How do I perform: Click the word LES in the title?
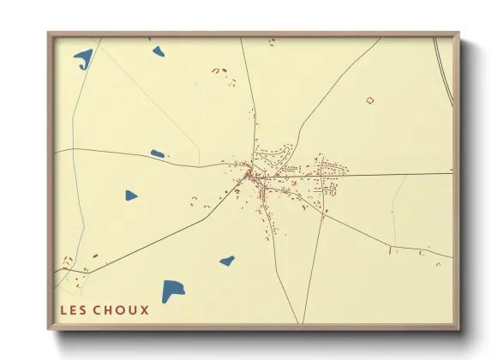(73, 310)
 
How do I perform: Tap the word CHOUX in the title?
(122, 310)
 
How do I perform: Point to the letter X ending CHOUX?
(144, 310)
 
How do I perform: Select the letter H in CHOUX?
(110, 310)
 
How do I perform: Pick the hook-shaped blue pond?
(84, 58)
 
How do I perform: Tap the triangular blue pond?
(130, 195)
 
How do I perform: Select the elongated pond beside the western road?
(158, 154)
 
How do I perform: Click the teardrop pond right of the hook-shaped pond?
(158, 51)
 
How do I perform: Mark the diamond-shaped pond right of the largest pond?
(227, 261)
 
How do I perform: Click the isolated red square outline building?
(370, 100)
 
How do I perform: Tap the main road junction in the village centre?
(251, 176)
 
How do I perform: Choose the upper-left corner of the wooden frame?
(50, 34)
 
